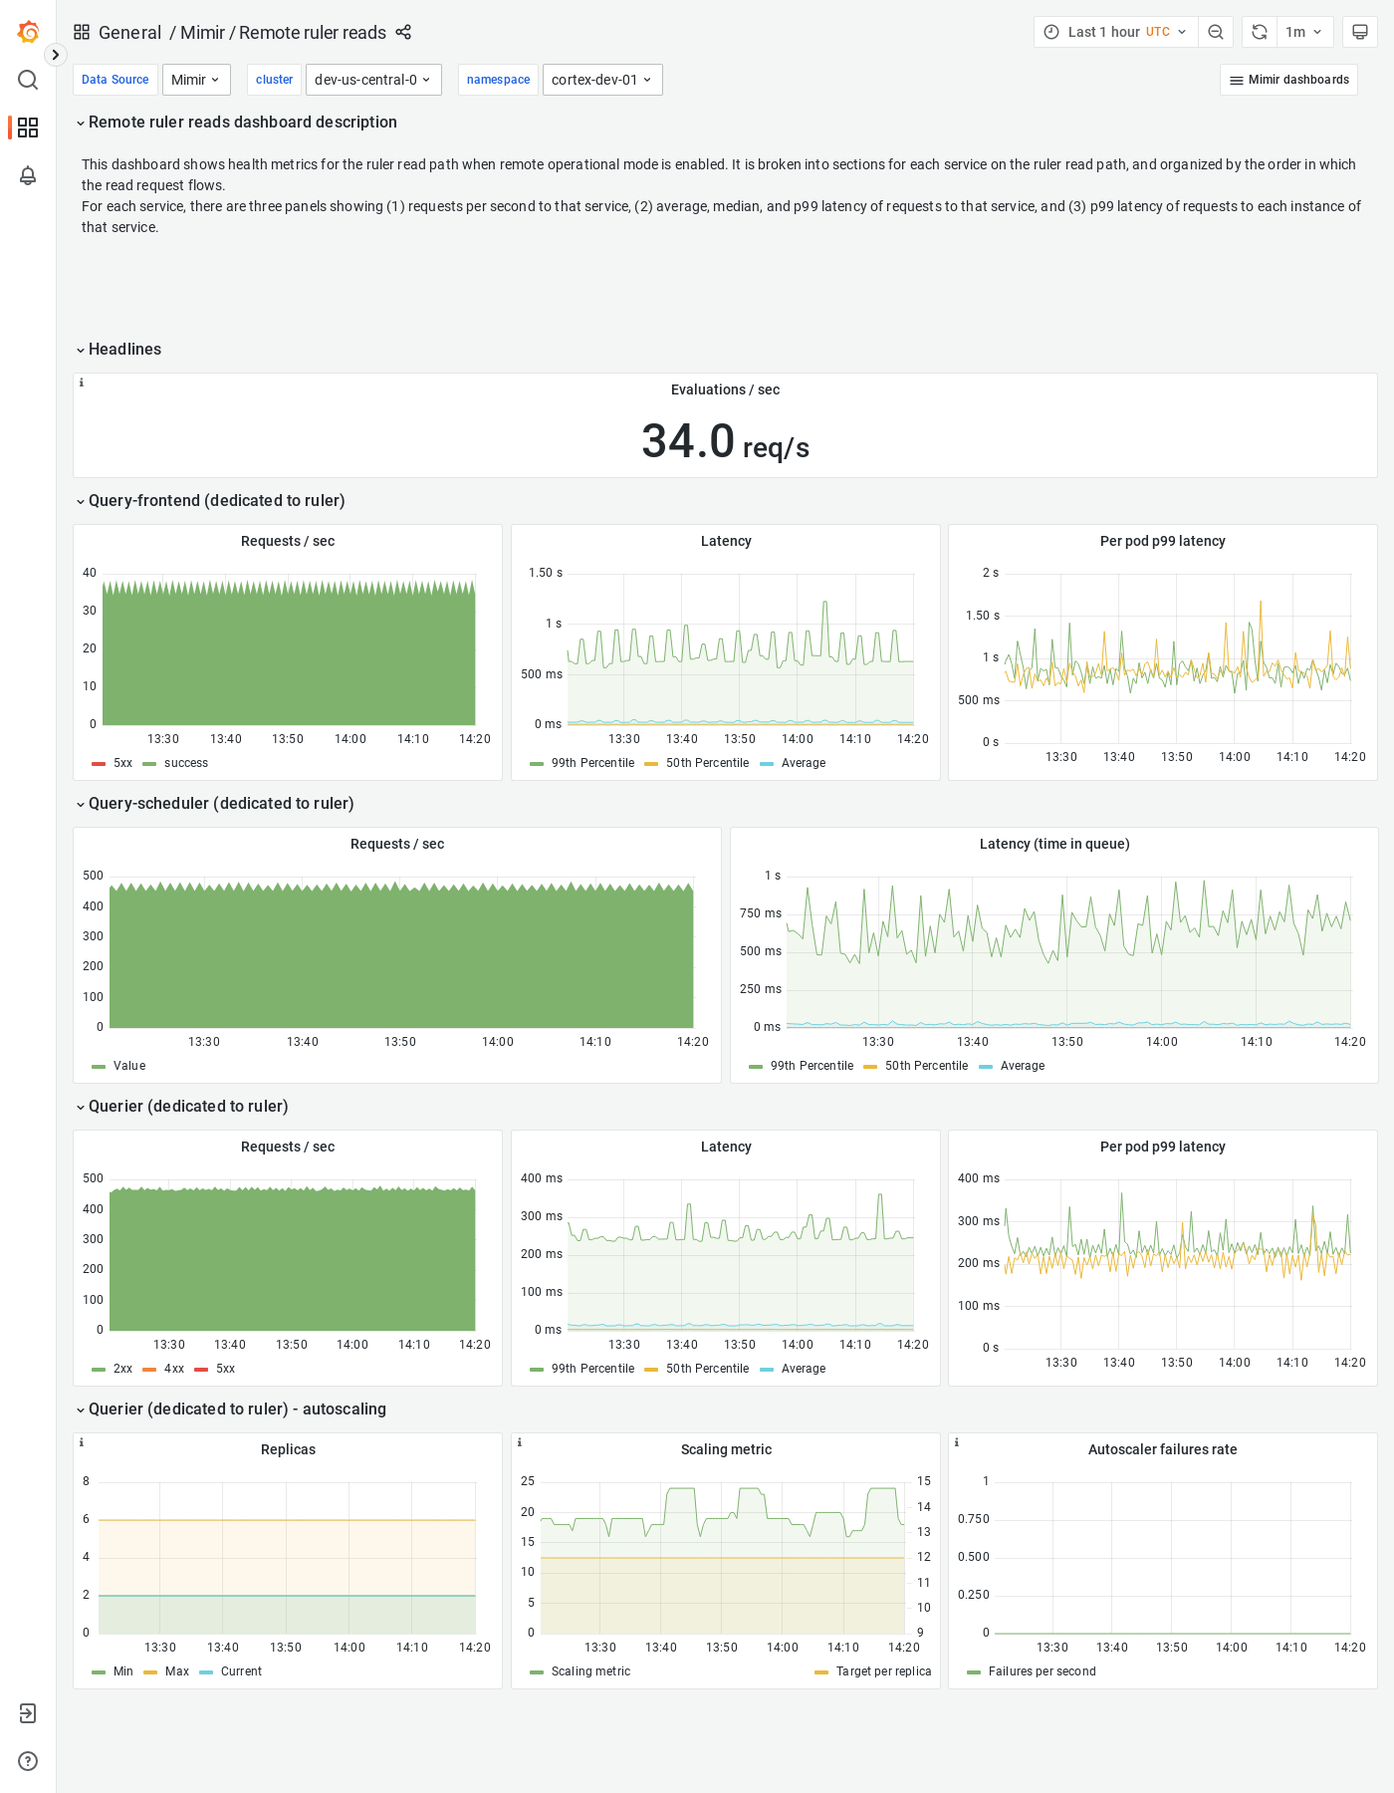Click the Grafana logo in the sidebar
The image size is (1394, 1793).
(28, 32)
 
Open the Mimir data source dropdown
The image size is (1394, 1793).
(195, 80)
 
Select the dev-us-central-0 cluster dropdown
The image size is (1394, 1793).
(372, 80)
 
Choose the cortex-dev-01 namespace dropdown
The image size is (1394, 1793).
(601, 80)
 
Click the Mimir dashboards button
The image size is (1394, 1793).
(1288, 80)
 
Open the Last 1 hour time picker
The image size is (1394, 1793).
(1115, 32)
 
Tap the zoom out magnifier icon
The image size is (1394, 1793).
(1216, 32)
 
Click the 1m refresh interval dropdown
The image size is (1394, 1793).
(1303, 32)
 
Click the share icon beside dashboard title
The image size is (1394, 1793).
(403, 32)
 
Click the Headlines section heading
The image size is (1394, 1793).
(124, 349)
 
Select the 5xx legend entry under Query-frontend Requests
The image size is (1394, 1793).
(122, 763)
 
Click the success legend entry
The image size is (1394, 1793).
(185, 763)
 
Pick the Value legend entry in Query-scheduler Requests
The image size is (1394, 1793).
(128, 1066)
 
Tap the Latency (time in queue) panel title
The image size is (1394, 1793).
(1053, 844)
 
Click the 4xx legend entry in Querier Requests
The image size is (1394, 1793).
(173, 1369)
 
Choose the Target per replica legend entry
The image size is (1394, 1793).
(882, 1671)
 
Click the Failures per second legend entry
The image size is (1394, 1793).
(1041, 1671)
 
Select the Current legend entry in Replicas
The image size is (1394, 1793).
(241, 1671)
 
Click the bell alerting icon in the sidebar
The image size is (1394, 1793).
(28, 175)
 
